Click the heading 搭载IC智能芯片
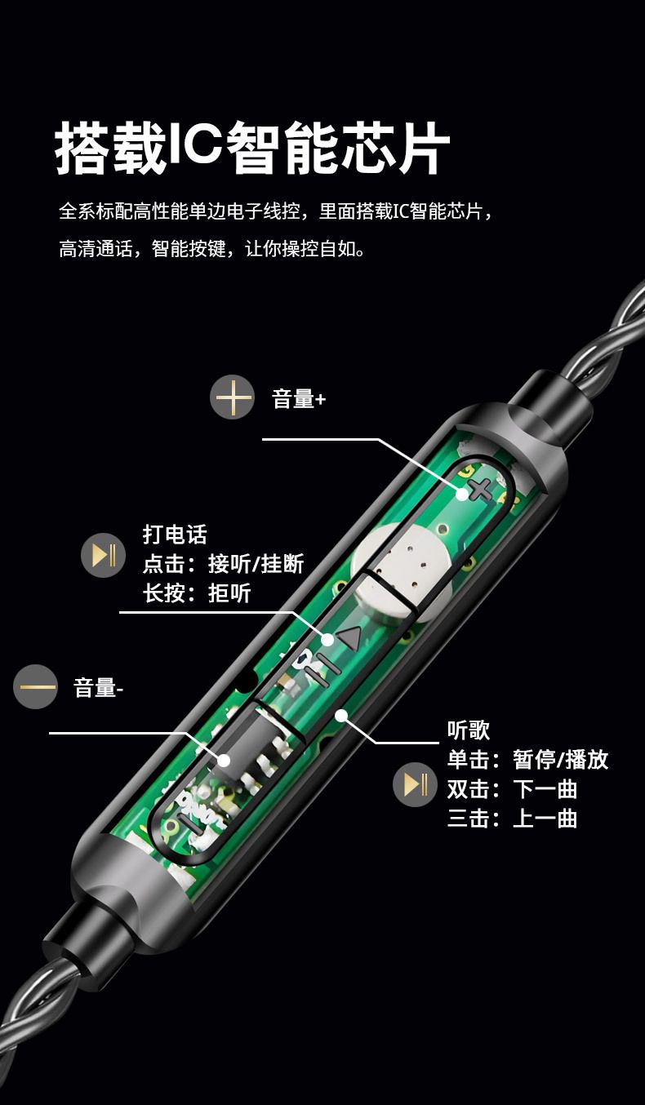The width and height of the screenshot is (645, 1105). click(252, 148)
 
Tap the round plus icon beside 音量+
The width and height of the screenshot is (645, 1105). click(232, 397)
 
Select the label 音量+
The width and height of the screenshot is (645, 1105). click(299, 398)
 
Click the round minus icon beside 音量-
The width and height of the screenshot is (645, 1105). click(36, 686)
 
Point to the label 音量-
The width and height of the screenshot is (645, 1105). click(98, 687)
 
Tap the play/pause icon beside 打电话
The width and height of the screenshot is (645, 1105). click(103, 556)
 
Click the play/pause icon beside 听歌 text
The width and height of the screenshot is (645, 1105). click(415, 784)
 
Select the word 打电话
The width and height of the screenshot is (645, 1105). click(175, 535)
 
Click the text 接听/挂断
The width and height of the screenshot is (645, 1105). click(256, 564)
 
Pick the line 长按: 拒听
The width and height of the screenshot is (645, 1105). click(197, 593)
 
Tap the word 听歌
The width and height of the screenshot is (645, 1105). click(469, 730)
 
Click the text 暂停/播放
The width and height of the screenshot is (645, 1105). click(561, 760)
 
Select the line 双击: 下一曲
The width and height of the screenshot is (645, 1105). click(512, 789)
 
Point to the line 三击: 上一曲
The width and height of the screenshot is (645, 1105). click(512, 819)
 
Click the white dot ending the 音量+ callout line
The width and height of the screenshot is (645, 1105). click(462, 493)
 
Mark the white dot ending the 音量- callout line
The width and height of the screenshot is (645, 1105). click(224, 760)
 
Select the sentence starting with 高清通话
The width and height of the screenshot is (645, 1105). click(213, 249)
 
